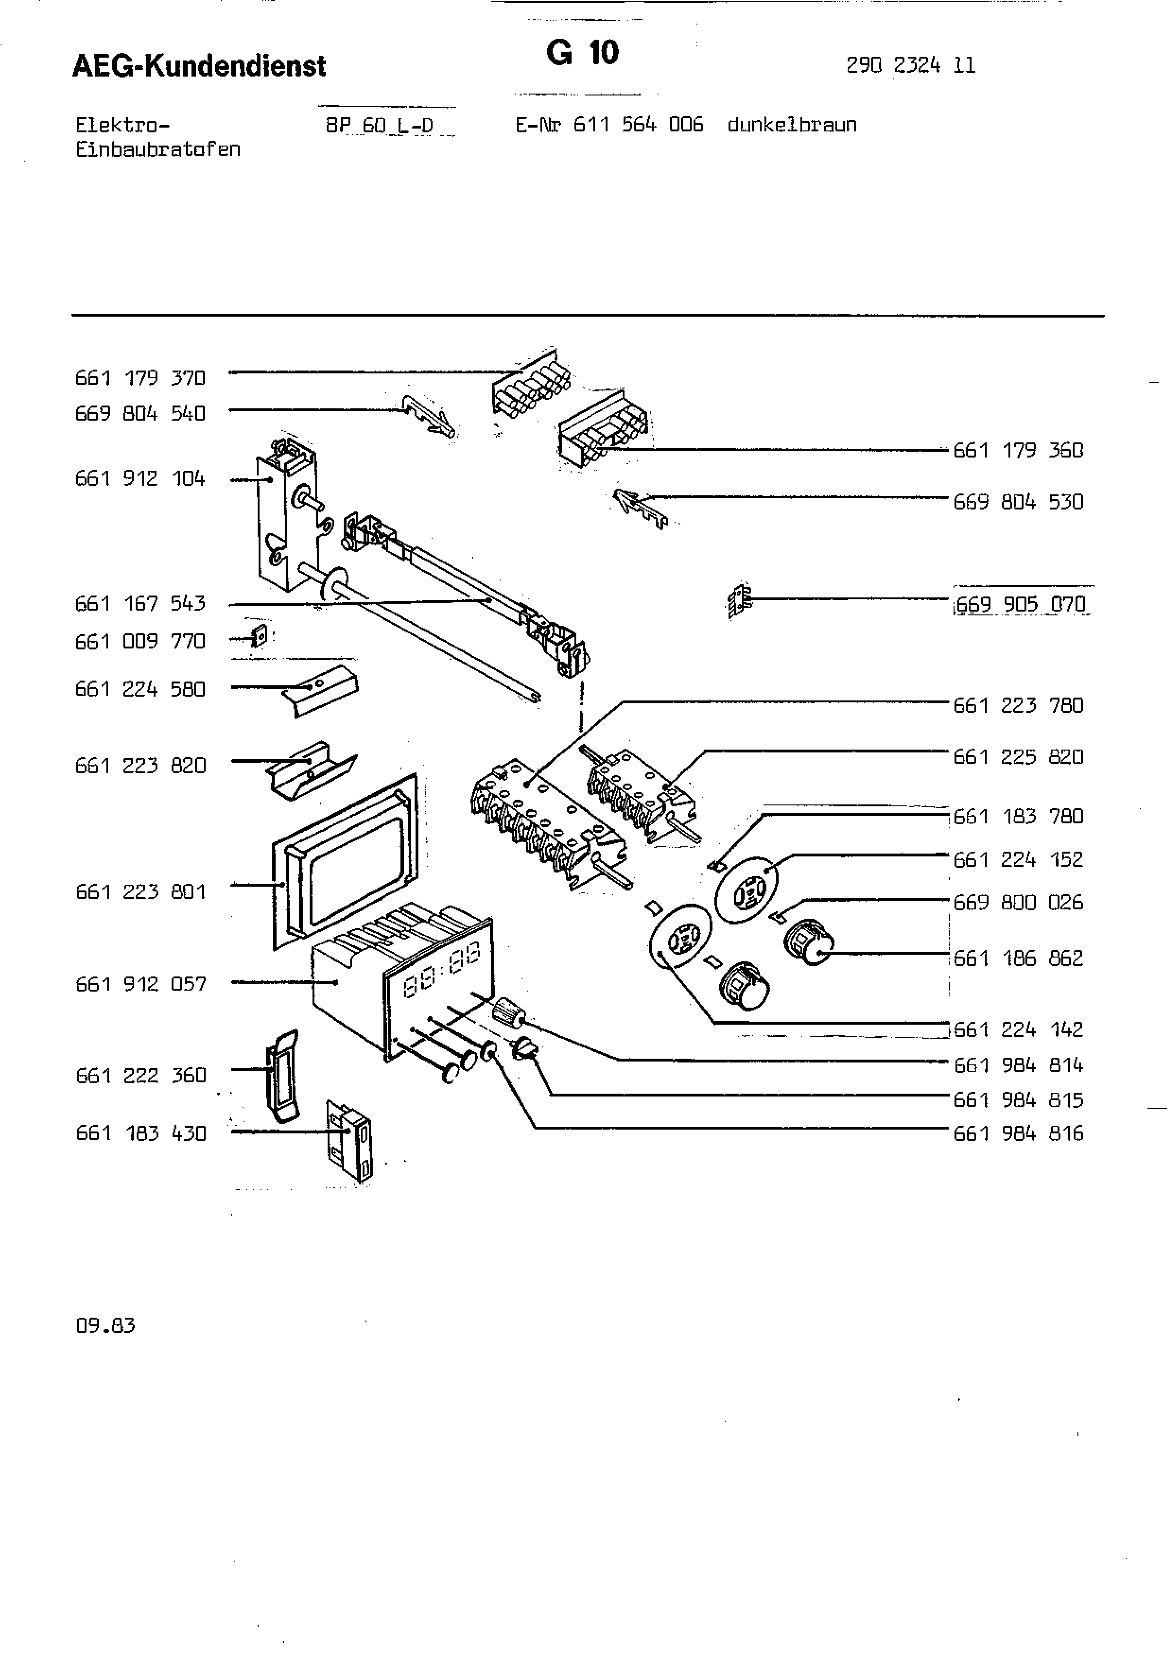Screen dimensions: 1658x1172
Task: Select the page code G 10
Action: coord(582,53)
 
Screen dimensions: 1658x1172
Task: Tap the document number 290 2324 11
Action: coord(910,66)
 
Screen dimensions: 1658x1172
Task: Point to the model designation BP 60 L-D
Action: coord(379,126)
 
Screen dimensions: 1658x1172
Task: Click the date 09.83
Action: coord(105,1326)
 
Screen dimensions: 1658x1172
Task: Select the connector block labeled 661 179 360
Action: coord(603,433)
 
